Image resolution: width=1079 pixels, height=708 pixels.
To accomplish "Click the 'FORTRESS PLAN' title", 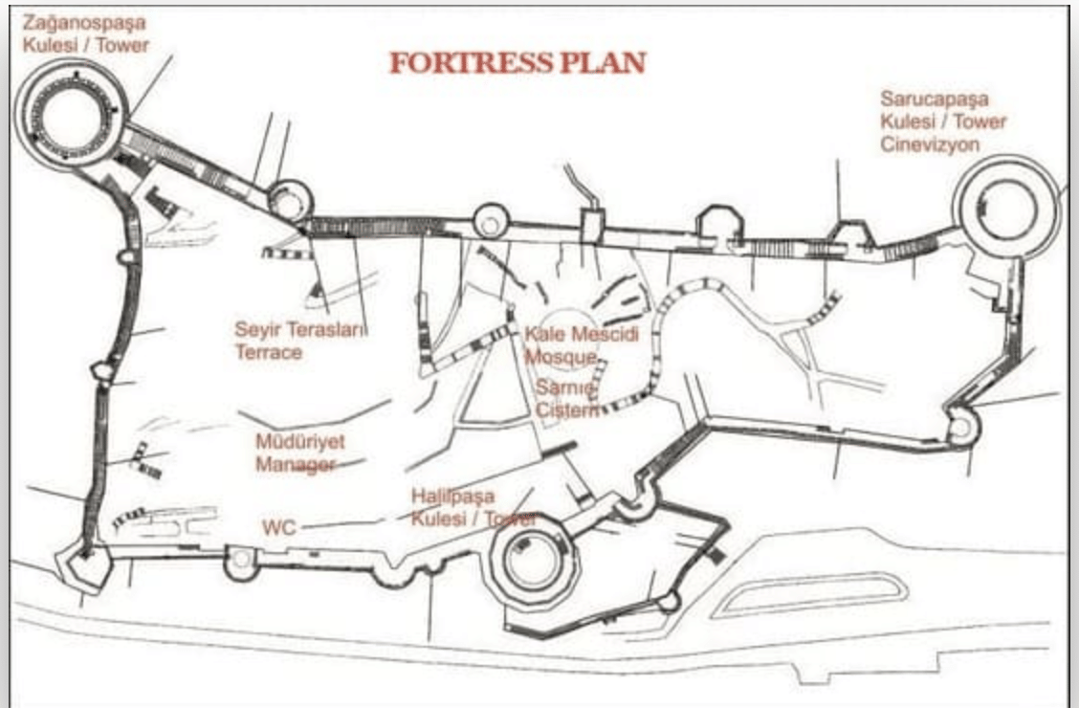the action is (x=517, y=62).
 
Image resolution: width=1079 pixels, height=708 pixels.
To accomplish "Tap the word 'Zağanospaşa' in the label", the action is (x=84, y=23).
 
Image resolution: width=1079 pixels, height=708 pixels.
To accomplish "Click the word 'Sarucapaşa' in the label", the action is (x=935, y=100).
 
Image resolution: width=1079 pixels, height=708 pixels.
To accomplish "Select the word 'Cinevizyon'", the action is (x=930, y=144).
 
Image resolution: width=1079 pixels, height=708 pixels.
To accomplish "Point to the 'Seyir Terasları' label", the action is (x=300, y=329).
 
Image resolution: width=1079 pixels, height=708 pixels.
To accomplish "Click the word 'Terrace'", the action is (x=269, y=352).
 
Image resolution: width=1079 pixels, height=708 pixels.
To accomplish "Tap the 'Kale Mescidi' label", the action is (x=582, y=335).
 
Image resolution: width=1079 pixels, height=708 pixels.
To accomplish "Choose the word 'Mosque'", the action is (x=561, y=357).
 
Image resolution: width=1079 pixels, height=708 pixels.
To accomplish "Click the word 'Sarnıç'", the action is (x=565, y=387).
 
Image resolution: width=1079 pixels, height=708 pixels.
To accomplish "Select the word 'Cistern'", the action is (x=567, y=410).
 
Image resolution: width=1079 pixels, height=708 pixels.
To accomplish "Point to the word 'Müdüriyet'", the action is (x=300, y=441).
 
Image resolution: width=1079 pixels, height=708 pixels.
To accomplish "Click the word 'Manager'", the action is (x=296, y=464).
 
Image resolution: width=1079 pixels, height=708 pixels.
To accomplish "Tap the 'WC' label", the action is (x=278, y=528).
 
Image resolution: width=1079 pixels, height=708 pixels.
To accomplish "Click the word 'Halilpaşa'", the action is (x=452, y=497).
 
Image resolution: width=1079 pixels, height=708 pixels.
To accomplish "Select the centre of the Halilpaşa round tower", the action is (x=534, y=561).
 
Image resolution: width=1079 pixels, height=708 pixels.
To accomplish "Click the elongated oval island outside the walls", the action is (x=809, y=594).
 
